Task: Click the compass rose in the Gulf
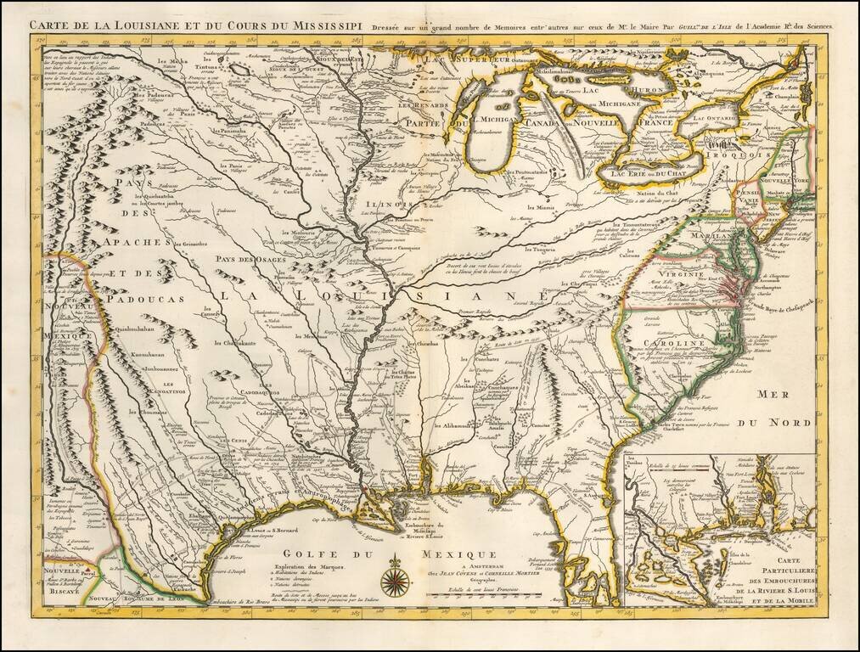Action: tap(395, 581)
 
